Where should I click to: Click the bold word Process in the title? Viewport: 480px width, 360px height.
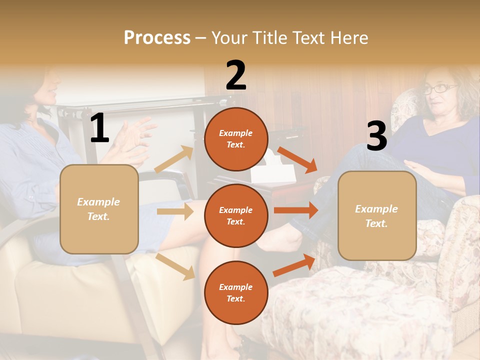click(x=157, y=38)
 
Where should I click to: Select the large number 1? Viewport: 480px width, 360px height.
click(x=99, y=128)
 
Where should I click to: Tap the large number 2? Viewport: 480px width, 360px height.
click(x=236, y=75)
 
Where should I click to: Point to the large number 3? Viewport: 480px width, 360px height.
click(x=376, y=136)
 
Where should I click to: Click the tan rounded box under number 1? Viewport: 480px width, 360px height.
click(x=99, y=209)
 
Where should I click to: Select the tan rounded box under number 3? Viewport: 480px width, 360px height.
click(x=377, y=216)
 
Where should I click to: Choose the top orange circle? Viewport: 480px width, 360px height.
click(x=236, y=139)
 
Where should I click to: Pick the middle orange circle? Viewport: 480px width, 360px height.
click(x=236, y=216)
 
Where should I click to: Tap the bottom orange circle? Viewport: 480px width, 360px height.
click(x=236, y=293)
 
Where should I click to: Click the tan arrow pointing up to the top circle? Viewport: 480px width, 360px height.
click(x=174, y=159)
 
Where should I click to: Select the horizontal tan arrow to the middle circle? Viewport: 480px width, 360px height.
click(x=174, y=211)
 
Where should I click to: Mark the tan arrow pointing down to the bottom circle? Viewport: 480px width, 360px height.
click(x=175, y=266)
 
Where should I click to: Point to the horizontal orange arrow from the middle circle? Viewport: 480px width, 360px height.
click(x=295, y=210)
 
